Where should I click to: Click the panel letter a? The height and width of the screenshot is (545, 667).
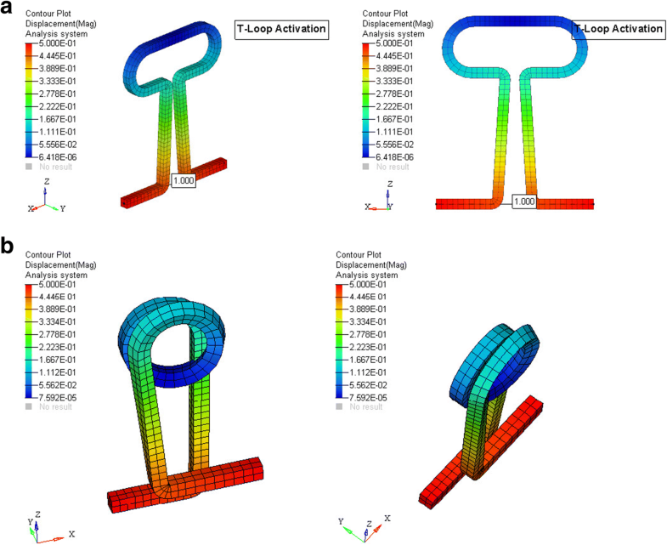point(8,10)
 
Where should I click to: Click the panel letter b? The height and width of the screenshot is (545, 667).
point(8,247)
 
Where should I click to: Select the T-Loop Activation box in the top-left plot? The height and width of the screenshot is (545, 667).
point(281,29)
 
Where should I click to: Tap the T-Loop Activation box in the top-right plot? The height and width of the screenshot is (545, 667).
point(618,29)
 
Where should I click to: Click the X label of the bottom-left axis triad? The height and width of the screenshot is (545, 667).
point(71,534)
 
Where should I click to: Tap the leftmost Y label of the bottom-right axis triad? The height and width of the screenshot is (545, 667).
point(340,520)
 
